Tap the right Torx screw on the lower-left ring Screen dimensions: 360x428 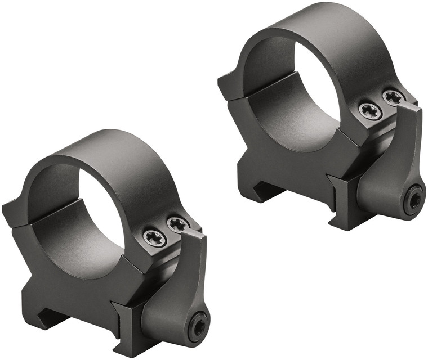[179, 225]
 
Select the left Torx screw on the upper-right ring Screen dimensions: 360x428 [371, 110]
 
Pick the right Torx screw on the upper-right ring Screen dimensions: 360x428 [394, 97]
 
